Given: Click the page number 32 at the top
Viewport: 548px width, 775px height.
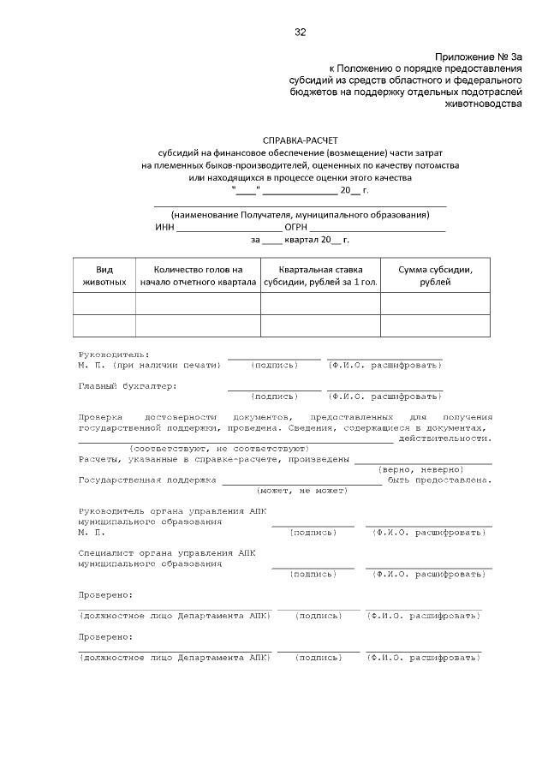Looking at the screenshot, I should click(300, 33).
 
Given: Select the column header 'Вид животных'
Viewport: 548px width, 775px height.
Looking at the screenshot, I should click(104, 275).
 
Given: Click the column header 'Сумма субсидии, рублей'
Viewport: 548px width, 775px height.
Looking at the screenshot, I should click(435, 275).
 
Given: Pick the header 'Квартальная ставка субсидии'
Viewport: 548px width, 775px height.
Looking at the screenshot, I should click(320, 275).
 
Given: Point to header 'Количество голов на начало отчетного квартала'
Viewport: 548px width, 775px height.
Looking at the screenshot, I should click(198, 275).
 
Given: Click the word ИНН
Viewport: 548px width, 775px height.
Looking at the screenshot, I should click(164, 227).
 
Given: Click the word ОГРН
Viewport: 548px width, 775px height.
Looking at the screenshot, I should click(296, 227).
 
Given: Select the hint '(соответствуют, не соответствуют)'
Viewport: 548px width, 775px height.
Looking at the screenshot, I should click(218, 448).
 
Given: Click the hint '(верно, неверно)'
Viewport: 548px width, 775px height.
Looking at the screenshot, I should click(420, 469).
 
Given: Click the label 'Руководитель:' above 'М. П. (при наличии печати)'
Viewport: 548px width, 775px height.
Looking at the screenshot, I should click(114, 355).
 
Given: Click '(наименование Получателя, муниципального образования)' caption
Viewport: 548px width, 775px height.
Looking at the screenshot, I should click(300, 214).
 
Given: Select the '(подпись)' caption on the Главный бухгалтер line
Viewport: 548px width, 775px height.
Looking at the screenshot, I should click(274, 396).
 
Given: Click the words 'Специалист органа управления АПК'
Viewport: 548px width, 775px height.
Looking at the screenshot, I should click(167, 553).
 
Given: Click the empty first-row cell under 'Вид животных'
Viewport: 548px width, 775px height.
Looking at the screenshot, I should click(104, 304).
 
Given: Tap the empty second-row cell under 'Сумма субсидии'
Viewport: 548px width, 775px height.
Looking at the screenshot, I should click(435, 326).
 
